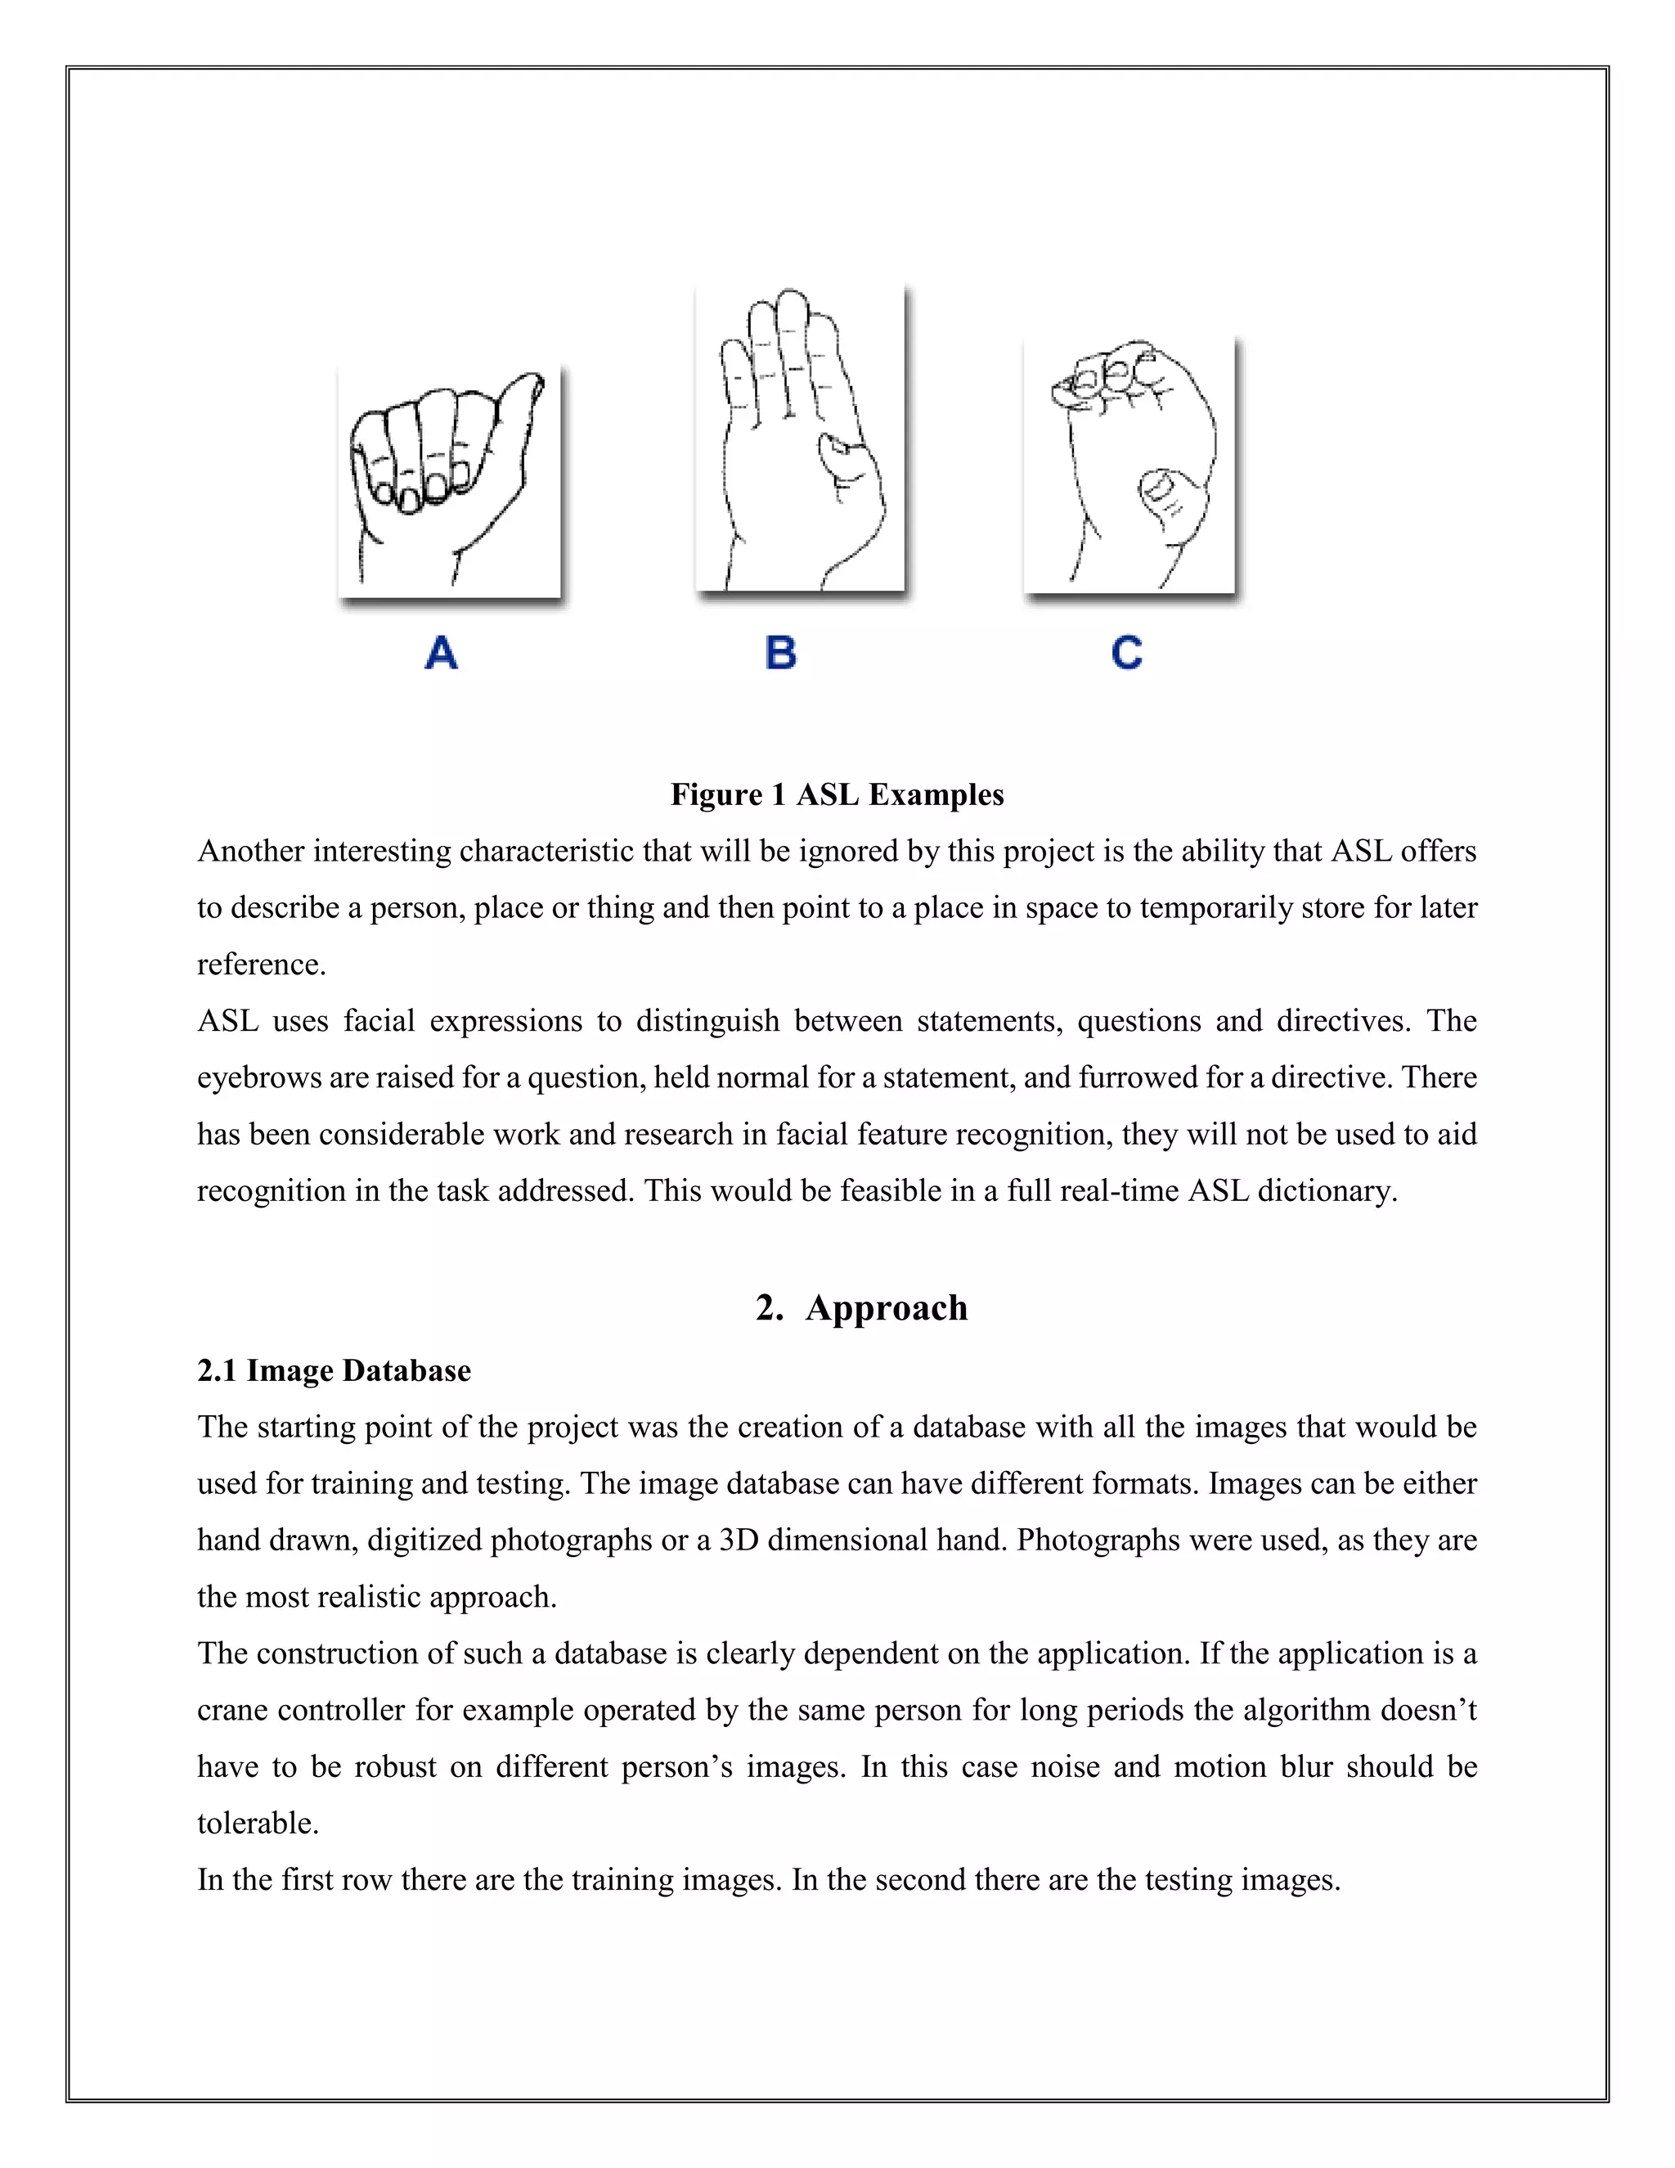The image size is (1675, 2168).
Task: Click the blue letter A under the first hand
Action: coord(442,653)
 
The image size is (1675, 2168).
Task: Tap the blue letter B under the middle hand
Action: coord(781,653)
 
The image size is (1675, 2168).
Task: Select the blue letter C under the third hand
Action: coord(1127,653)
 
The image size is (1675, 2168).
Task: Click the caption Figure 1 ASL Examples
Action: coord(837,795)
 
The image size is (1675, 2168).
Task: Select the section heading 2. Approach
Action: coord(860,1307)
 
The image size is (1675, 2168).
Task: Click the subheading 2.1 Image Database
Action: coord(334,1371)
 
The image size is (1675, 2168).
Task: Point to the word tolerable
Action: coord(257,1824)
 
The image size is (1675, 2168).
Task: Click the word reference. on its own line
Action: coord(261,965)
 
